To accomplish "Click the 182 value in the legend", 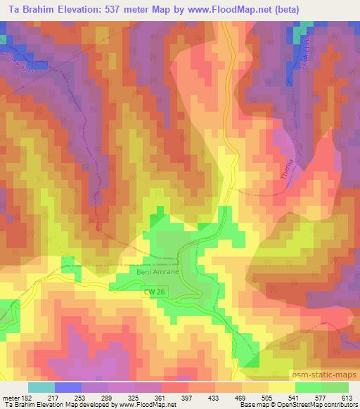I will [x=27, y=397].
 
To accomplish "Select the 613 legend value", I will [x=348, y=397].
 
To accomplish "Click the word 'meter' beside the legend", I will [x=10, y=397].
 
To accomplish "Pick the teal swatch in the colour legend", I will [x=42, y=387].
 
